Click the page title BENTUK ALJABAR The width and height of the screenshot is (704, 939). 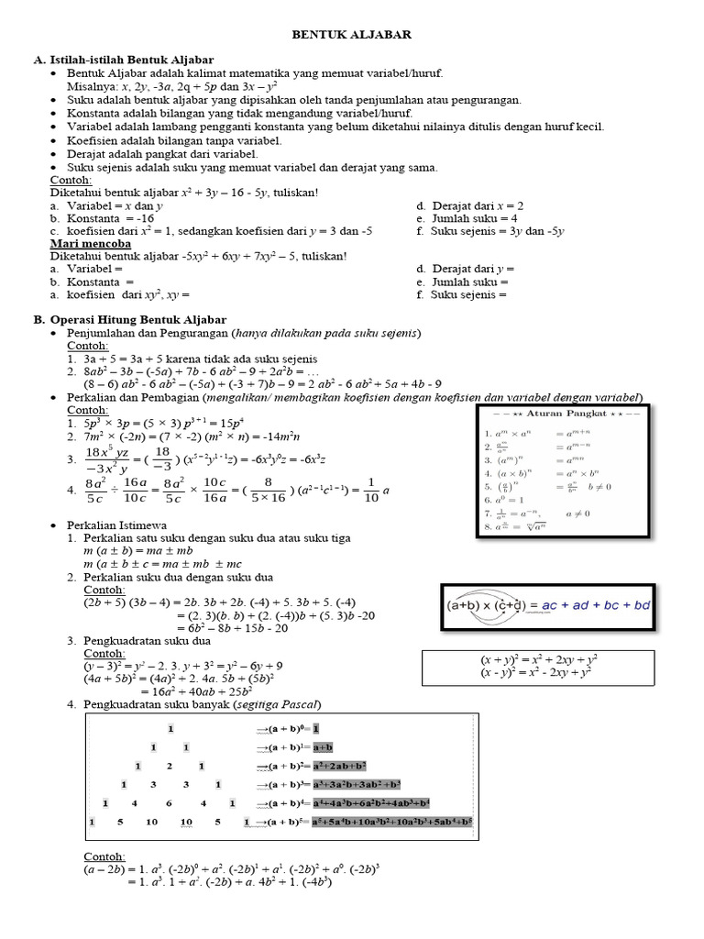coord(351,34)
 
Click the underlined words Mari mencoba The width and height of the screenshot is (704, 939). coord(87,244)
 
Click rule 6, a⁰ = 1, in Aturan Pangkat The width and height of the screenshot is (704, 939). coord(511,501)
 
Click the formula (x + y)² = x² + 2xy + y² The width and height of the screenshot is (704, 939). coord(540,659)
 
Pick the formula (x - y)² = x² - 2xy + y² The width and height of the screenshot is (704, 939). coord(539,672)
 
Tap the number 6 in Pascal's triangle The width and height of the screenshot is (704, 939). coord(170,803)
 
